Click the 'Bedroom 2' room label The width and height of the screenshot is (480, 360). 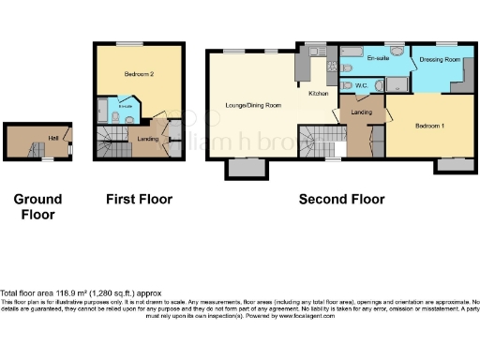click(138, 72)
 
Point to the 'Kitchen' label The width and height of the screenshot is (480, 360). click(320, 94)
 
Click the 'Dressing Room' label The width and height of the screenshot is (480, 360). click(440, 59)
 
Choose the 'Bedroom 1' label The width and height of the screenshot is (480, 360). click(429, 125)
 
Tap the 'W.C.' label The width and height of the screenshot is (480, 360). click(361, 85)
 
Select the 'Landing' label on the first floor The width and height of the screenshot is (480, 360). click(147, 140)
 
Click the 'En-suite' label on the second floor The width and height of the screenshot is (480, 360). click(379, 58)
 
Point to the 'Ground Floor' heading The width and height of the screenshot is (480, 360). click(37, 206)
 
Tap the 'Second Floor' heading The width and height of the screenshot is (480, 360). click(341, 199)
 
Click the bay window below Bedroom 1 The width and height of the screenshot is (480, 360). click(454, 164)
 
